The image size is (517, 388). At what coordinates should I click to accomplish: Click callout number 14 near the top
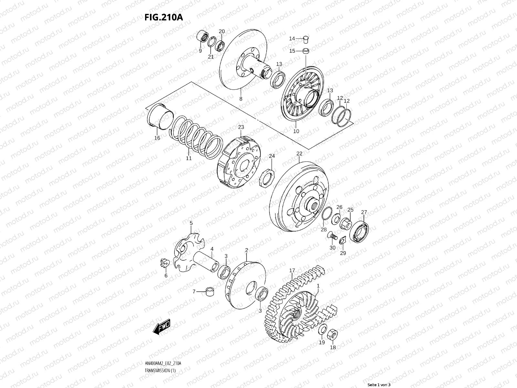tap(292, 38)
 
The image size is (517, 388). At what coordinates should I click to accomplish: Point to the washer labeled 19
tap(322, 330)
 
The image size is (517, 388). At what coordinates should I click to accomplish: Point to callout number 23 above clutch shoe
tap(241, 127)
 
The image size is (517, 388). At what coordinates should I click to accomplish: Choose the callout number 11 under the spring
tap(189, 158)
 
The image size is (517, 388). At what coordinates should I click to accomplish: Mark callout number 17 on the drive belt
tap(292, 270)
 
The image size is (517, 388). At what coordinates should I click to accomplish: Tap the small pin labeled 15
tap(306, 51)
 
